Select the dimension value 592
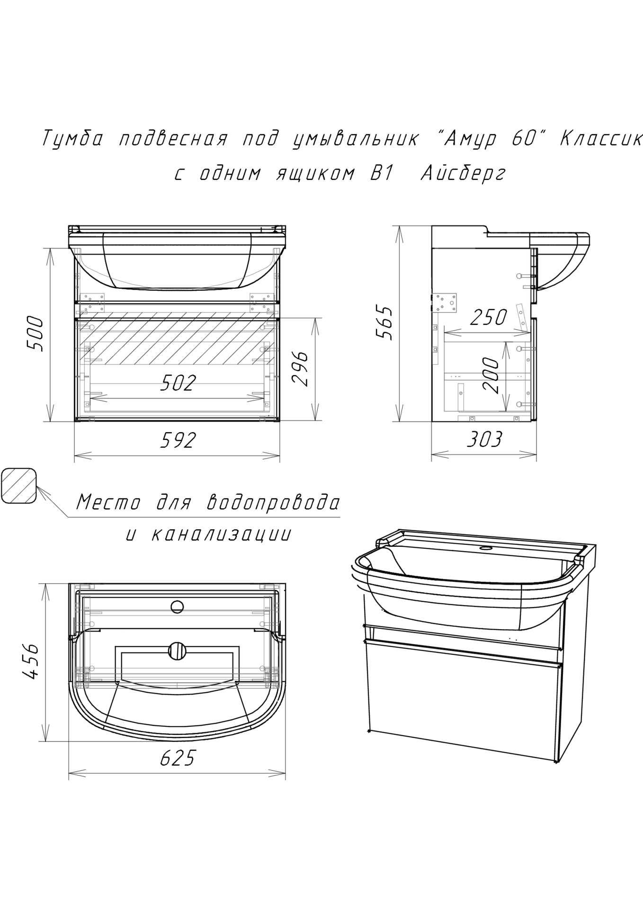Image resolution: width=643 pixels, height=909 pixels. (x=178, y=440)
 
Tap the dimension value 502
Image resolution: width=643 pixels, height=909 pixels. (x=178, y=383)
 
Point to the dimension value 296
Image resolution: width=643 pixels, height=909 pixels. (x=300, y=369)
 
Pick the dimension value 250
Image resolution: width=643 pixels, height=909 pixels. (x=489, y=318)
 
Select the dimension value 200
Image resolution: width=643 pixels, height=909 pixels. (x=491, y=375)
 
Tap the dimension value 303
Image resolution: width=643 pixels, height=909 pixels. (x=484, y=440)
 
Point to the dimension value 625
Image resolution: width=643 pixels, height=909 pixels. (x=178, y=758)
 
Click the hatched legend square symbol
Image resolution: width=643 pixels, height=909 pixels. (x=18, y=486)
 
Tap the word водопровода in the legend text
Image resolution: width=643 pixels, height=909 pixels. (x=274, y=502)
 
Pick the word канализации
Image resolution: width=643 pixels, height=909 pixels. (x=221, y=535)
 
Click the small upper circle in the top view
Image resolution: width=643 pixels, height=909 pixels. (x=177, y=606)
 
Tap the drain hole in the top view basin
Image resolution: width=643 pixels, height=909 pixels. (x=177, y=651)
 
